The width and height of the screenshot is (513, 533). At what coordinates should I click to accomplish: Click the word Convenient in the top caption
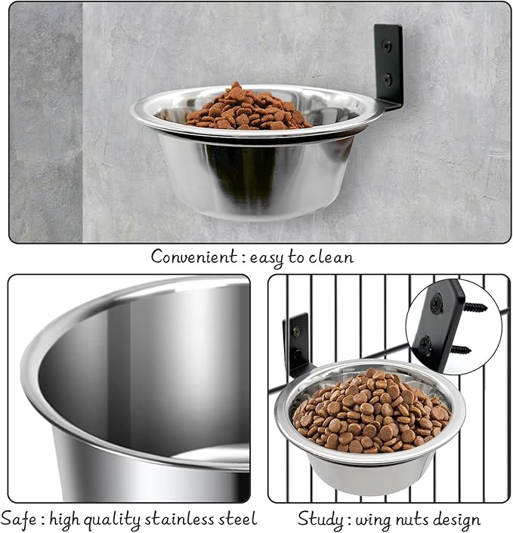[x=193, y=257]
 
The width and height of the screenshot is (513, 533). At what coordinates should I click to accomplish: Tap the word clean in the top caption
[x=330, y=257]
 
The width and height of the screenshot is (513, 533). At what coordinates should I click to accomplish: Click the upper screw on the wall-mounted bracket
[x=388, y=45]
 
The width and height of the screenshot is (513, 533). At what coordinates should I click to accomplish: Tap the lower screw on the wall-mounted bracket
[x=388, y=77]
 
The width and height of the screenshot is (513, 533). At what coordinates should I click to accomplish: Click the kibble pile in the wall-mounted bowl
[x=247, y=109]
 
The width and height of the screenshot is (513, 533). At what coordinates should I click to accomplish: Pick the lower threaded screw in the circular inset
[x=459, y=350]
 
